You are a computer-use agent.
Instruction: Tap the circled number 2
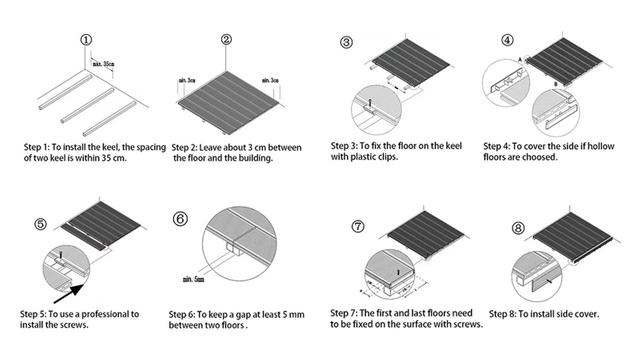point(227,40)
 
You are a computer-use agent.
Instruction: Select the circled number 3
point(346,44)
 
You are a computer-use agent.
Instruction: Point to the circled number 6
point(181,219)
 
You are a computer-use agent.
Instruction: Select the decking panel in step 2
point(227,93)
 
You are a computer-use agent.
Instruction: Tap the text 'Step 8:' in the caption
point(505,314)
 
